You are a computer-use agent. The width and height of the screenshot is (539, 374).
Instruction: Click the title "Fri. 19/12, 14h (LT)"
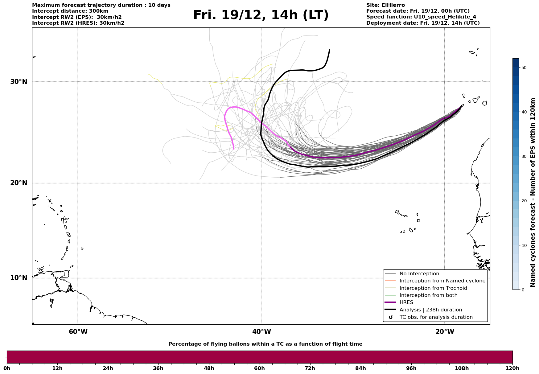click(x=261, y=15)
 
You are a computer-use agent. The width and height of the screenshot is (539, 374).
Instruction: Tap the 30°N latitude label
click(x=19, y=82)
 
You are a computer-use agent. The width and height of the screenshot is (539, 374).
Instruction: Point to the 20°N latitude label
click(x=19, y=183)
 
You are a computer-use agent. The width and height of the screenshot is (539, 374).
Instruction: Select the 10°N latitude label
click(x=19, y=278)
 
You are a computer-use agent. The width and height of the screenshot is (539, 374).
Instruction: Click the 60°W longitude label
click(x=78, y=332)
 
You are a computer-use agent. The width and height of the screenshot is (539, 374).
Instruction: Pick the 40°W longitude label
click(x=261, y=332)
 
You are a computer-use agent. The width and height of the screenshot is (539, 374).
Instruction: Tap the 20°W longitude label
click(x=445, y=332)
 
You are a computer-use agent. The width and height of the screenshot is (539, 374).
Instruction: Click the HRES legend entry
click(x=406, y=302)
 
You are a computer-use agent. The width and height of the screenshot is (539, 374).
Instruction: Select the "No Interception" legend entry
click(x=419, y=274)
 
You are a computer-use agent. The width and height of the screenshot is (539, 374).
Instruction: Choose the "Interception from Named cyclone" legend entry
click(x=442, y=281)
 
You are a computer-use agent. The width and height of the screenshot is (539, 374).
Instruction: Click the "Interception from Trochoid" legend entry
click(x=433, y=288)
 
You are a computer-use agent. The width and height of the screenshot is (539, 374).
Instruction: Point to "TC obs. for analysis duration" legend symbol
click(x=391, y=317)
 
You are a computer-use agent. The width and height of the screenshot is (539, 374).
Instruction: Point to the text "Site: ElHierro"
click(x=385, y=5)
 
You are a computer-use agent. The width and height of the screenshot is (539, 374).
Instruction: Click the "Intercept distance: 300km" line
click(x=70, y=11)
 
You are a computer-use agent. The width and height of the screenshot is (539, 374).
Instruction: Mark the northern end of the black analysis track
click(x=330, y=50)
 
